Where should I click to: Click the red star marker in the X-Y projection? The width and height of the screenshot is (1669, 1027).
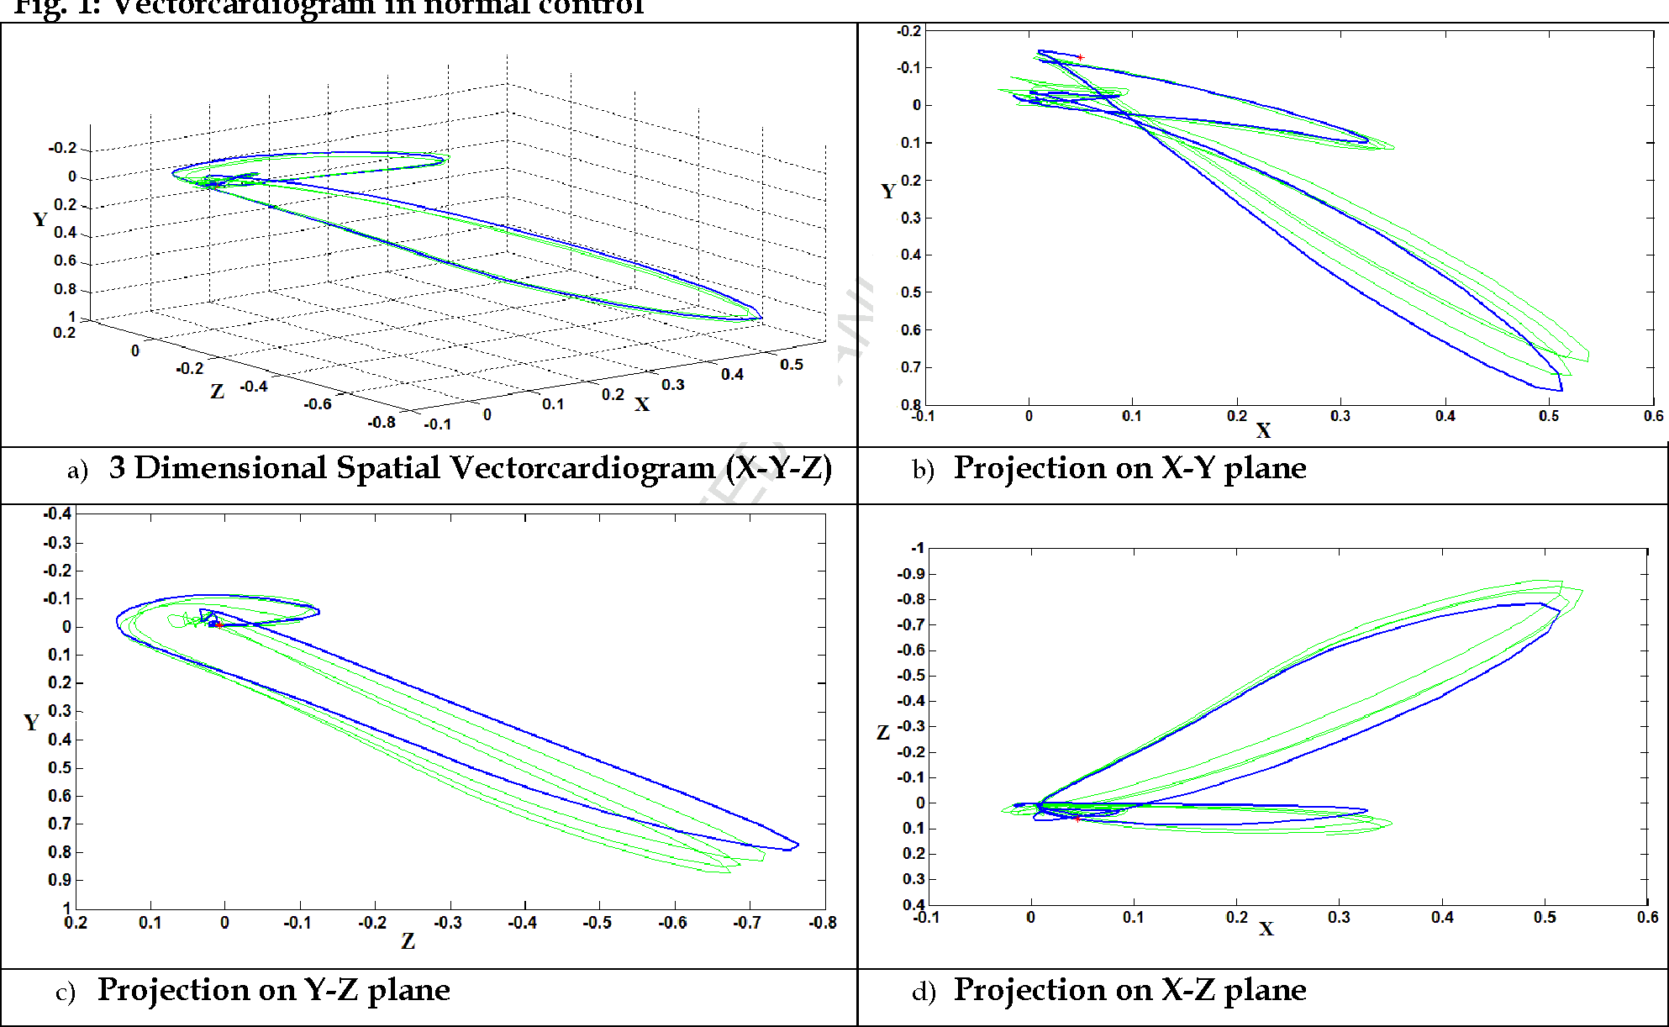[1080, 57]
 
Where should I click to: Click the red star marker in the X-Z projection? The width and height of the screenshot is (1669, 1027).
[1077, 818]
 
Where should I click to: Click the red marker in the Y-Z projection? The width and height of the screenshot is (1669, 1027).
[218, 624]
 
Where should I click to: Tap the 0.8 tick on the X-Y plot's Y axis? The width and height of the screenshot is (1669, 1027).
[910, 404]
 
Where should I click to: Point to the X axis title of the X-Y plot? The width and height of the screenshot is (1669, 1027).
[1263, 431]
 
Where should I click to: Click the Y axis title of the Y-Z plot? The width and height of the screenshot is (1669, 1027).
[31, 723]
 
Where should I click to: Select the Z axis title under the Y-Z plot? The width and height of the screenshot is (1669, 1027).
[408, 941]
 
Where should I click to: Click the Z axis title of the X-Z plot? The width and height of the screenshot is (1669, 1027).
[882, 732]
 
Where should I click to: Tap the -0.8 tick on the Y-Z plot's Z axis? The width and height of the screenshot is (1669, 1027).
[822, 923]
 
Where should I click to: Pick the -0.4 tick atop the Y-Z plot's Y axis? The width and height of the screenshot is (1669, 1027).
[57, 513]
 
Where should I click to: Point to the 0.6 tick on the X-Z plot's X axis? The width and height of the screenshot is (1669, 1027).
[1647, 917]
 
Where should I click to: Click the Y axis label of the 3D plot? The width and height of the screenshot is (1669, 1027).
[39, 220]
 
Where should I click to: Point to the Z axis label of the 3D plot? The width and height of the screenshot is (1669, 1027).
[217, 392]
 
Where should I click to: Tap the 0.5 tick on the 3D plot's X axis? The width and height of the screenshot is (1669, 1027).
[791, 365]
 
